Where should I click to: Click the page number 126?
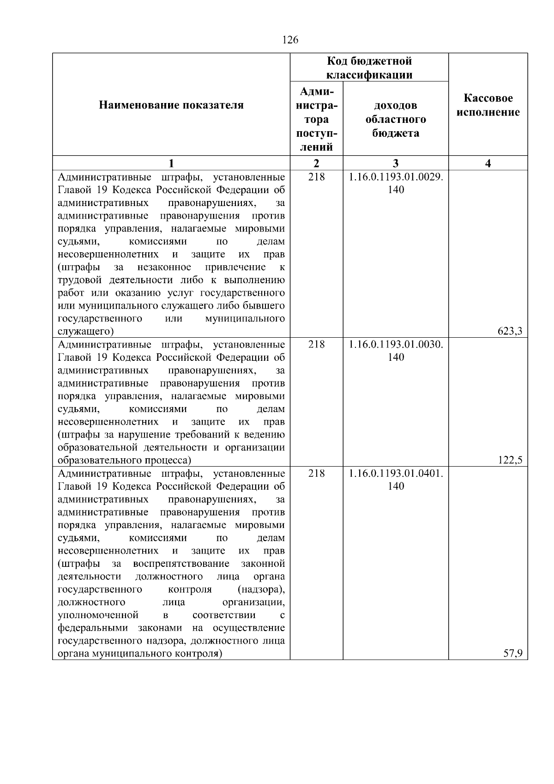click(x=290, y=40)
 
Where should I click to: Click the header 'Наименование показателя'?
click(x=171, y=105)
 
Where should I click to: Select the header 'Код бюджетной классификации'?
click(x=369, y=68)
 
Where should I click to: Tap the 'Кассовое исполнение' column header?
click(x=488, y=105)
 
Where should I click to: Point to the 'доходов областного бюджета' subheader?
click(x=396, y=119)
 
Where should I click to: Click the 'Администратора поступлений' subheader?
click(x=317, y=119)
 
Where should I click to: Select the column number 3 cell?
click(x=396, y=163)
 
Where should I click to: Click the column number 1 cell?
click(x=171, y=163)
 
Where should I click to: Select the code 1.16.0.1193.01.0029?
click(x=396, y=177)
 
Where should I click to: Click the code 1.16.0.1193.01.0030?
click(x=396, y=345)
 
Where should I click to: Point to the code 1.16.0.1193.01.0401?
click(x=396, y=474)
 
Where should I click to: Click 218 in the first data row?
click(x=317, y=177)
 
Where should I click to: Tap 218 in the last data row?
click(x=317, y=474)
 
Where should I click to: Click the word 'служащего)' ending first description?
click(x=86, y=332)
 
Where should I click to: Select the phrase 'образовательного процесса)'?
click(x=124, y=461)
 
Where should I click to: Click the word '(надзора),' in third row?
click(x=261, y=590)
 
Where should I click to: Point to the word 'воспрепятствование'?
click(x=181, y=564)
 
